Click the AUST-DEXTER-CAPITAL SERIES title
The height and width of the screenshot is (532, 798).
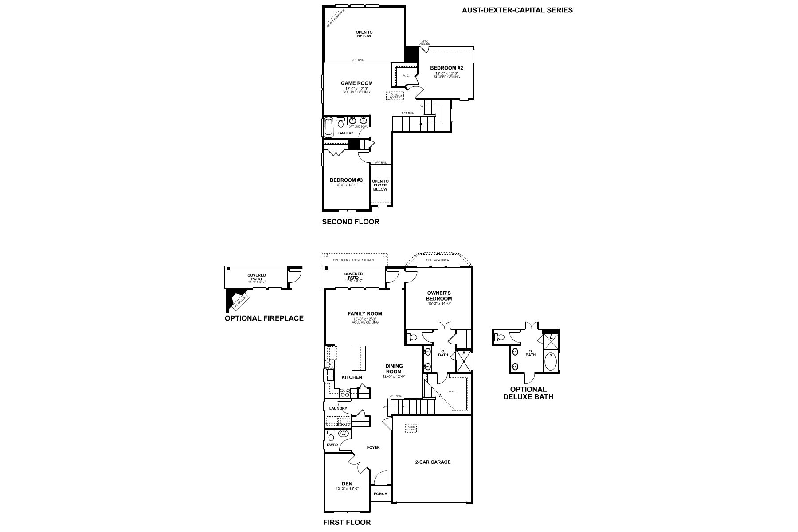[517, 10]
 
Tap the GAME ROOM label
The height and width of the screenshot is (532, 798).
[356, 83]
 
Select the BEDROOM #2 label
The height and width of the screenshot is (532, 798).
[446, 68]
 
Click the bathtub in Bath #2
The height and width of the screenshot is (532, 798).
[329, 127]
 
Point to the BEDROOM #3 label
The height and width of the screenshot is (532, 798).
[346, 180]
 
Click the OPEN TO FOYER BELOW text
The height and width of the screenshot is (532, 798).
[380, 185]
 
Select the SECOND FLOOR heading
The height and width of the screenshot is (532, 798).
[350, 222]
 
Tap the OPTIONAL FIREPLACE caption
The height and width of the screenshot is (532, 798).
[264, 318]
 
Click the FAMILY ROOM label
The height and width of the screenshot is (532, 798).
[364, 313]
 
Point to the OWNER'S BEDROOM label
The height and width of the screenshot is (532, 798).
[439, 296]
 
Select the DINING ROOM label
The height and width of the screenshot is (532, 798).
[394, 369]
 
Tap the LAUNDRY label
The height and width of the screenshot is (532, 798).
[338, 408]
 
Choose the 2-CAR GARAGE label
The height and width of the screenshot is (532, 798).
[432, 462]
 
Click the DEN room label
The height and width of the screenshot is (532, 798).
[347, 484]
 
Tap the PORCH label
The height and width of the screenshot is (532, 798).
[380, 493]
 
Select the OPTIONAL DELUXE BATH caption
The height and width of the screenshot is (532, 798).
[528, 393]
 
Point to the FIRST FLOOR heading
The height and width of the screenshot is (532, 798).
[347, 522]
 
